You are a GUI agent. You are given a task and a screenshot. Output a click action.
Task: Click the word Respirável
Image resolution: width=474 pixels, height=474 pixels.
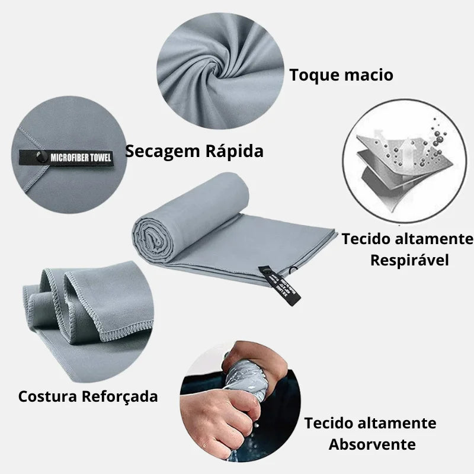[409, 260]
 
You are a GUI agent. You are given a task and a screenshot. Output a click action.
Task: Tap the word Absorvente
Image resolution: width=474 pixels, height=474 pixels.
[372, 444]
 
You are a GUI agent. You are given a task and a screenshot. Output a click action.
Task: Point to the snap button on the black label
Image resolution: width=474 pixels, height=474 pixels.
[40, 157]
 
